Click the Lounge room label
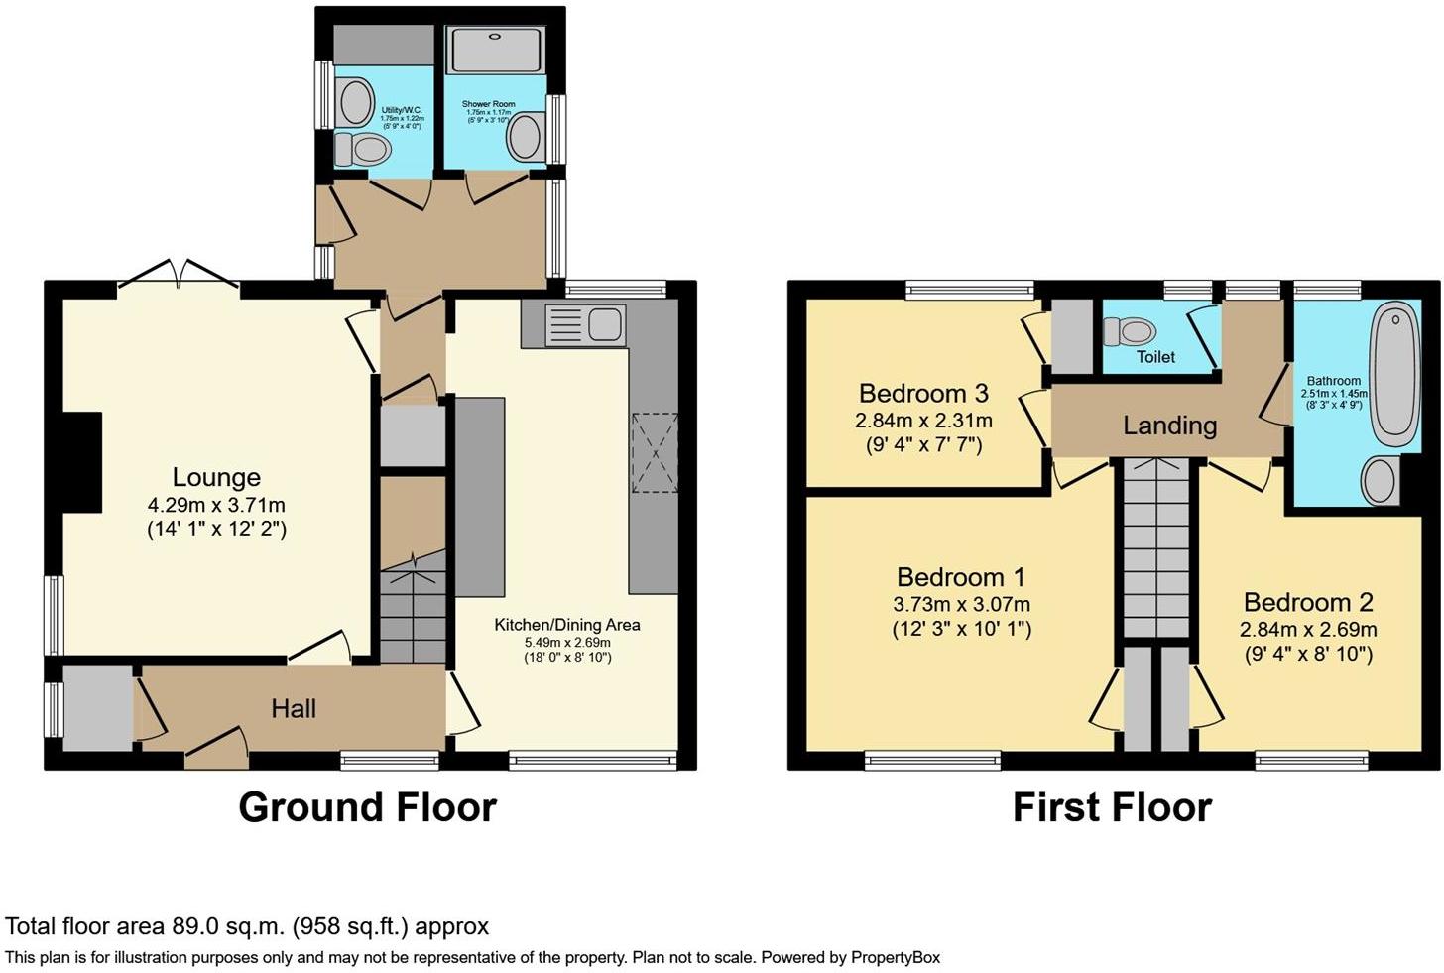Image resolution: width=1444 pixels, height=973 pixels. tap(216, 477)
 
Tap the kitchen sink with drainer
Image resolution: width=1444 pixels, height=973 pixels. tap(585, 324)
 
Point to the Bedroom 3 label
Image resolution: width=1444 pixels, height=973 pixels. tap(923, 393)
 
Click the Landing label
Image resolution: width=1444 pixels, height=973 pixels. tap(1170, 426)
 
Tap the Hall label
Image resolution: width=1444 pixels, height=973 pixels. tap(294, 709)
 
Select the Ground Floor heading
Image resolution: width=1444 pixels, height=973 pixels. tap(367, 807)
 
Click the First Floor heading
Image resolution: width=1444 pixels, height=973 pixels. tap(1113, 807)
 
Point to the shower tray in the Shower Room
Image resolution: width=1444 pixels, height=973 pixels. tap(496, 50)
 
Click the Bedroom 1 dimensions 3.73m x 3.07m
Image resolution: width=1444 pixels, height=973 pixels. tap(962, 605)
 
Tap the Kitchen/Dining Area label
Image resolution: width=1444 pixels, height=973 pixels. tap(567, 624)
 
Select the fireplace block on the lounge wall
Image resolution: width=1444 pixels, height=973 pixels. tap(81, 463)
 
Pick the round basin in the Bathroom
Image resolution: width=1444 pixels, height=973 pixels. tap(1381, 481)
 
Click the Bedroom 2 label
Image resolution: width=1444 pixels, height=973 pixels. tap(1308, 602)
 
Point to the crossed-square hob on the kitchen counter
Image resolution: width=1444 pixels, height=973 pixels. tap(655, 452)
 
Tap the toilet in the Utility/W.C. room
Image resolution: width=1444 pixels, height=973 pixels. tap(363, 150)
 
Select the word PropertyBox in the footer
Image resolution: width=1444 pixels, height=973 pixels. tap(896, 957)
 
